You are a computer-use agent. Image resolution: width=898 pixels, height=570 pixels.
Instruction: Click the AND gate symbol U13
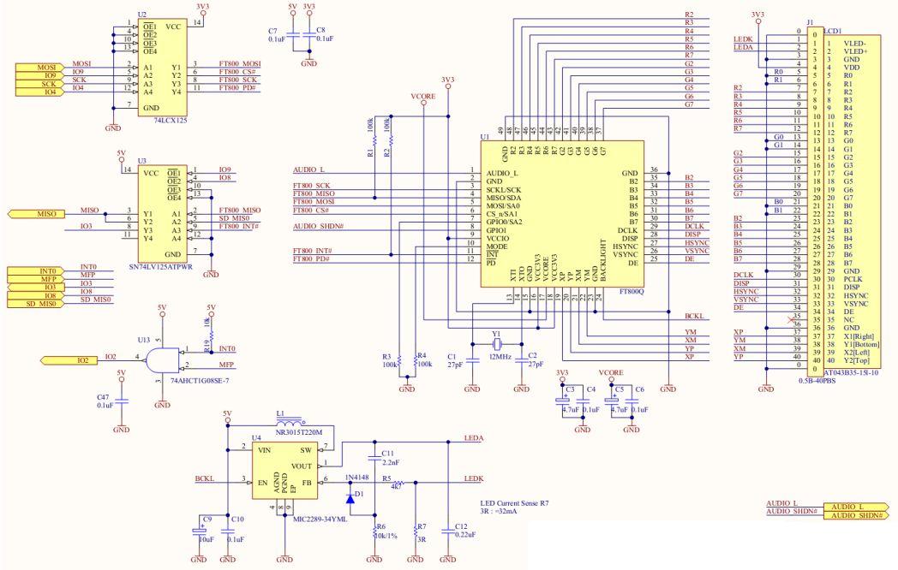(161, 359)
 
